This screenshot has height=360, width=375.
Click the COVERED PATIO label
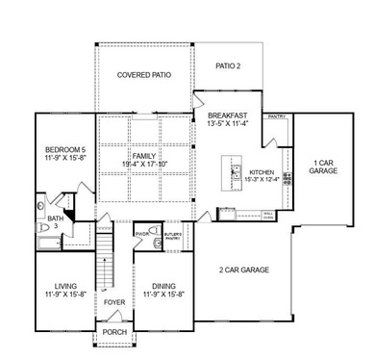[x=144, y=75]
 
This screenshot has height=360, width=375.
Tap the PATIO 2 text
[x=227, y=66]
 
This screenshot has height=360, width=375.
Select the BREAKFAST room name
[x=229, y=115]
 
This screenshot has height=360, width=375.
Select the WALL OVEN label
[x=270, y=215]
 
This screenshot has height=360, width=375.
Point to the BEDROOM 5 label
[x=64, y=149]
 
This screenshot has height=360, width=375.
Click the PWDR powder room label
[x=141, y=233]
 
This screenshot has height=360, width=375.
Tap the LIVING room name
[x=64, y=285]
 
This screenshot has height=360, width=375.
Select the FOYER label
[x=113, y=302]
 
